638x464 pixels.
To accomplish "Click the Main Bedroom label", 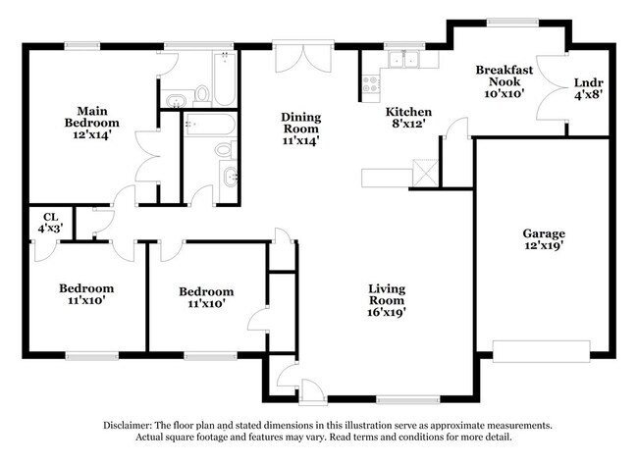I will (92, 117).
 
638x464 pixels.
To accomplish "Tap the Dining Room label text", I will (301, 122).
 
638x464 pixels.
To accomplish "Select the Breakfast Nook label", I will (505, 77).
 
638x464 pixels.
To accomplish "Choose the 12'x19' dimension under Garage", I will (543, 246).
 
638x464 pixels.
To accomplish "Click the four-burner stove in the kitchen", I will (370, 84).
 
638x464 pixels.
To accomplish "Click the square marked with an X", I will (425, 177).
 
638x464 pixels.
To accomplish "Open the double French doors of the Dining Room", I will (296, 56).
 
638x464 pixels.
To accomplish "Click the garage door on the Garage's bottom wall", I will (542, 352).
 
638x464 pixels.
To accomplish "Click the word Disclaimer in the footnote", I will (133, 426).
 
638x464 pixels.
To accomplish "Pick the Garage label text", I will (543, 233).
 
